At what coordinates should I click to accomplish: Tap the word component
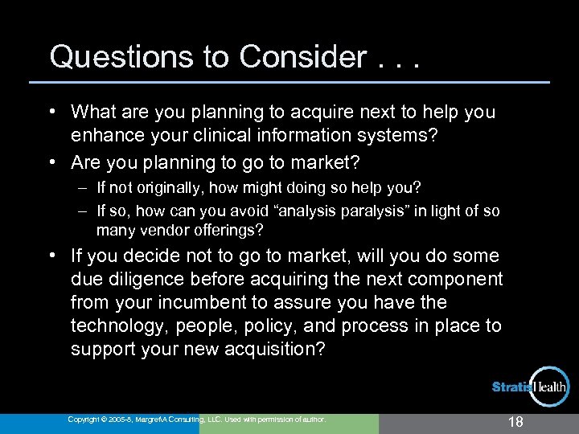pyautogui.click(x=455, y=280)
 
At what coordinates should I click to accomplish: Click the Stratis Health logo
pyautogui.click(x=531, y=387)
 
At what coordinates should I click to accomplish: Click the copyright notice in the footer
pyautogui.click(x=197, y=420)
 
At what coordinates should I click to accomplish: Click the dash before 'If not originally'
pyautogui.click(x=83, y=187)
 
